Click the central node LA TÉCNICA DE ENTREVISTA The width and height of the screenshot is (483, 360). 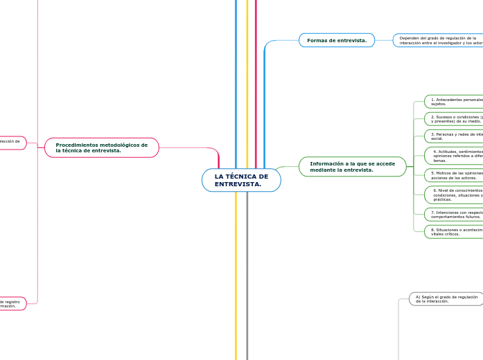[x=241, y=180]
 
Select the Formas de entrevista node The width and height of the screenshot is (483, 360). [x=337, y=40]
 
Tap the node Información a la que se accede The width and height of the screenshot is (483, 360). [x=353, y=166]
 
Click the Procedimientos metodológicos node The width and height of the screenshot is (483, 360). [x=102, y=147]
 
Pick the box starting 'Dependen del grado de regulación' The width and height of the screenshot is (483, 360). [x=438, y=40]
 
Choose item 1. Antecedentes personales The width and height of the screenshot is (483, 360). [x=454, y=101]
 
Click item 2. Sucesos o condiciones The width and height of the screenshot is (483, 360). [x=454, y=118]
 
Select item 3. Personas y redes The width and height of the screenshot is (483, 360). [x=454, y=136]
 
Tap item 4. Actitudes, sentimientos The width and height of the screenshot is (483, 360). [x=454, y=154]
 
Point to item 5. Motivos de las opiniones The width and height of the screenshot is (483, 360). [x=454, y=174]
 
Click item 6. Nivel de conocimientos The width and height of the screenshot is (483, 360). [x=454, y=195]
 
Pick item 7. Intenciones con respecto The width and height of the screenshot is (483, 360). [x=454, y=214]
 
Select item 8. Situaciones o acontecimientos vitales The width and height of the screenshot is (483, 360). [x=454, y=231]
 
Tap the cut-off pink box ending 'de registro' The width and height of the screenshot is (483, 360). [x=12, y=303]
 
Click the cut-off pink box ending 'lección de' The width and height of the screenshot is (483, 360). [x=12, y=143]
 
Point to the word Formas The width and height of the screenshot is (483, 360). [x=317, y=40]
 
